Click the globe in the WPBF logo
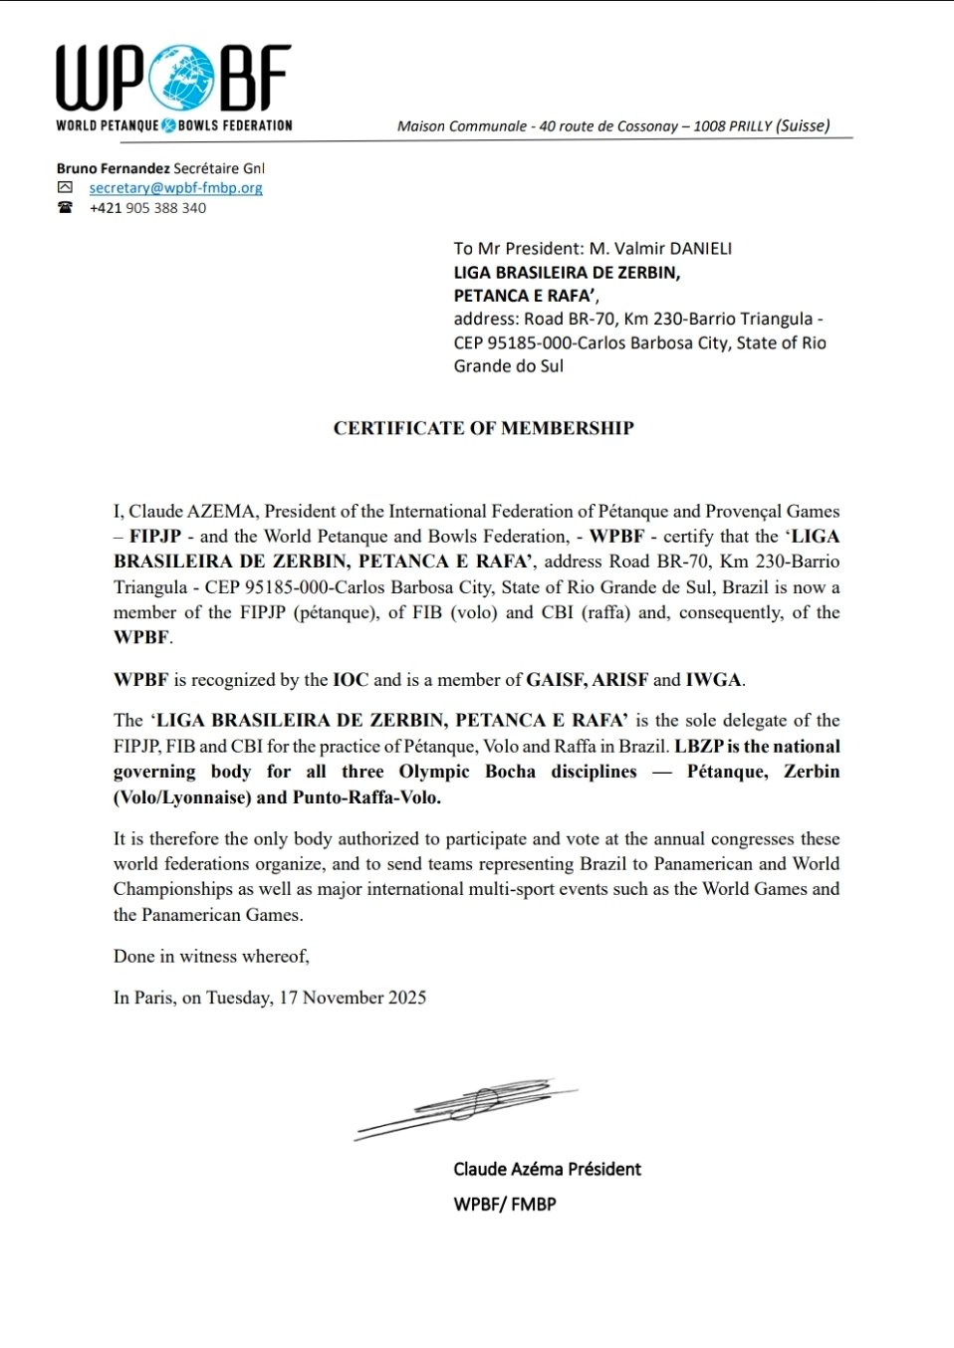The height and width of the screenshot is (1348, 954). (181, 78)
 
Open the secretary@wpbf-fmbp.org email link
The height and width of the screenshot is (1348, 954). (175, 188)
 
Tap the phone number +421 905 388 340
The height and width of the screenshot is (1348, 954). (147, 208)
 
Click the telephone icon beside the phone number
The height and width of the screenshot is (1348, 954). (65, 207)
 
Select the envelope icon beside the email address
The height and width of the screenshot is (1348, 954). (65, 187)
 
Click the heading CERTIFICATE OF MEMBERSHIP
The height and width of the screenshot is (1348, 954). (483, 428)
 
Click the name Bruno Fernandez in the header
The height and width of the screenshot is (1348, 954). (113, 168)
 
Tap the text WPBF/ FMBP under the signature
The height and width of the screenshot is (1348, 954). (505, 1204)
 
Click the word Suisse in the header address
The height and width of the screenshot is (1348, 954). (802, 125)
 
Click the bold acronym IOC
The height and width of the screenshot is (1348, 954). (351, 680)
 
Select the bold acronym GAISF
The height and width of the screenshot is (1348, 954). (556, 680)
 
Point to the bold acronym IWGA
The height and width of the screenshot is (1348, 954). (713, 680)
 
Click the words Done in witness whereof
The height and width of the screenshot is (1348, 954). (211, 956)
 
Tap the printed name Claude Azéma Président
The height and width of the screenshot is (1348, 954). (547, 1169)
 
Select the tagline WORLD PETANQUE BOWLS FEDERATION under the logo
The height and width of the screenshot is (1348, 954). (174, 125)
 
